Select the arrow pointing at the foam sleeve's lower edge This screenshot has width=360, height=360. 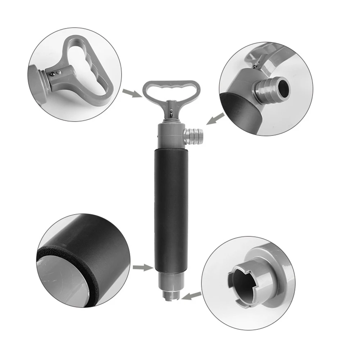142,267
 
